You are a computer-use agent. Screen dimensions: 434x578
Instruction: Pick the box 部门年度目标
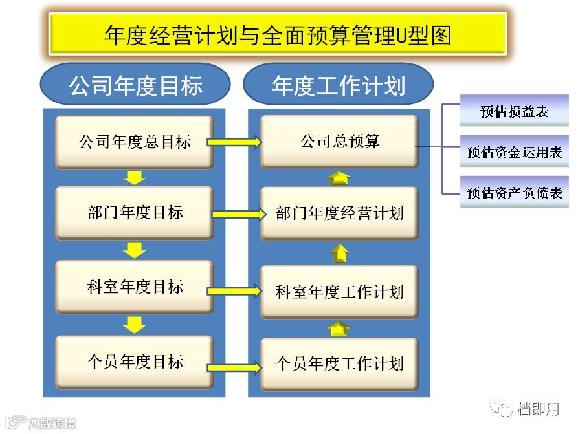tap(134, 213)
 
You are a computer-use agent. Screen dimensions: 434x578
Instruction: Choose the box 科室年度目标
tap(134, 287)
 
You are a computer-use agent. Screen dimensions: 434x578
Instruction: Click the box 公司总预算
tap(339, 142)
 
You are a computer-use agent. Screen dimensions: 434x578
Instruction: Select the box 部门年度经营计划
tap(339, 213)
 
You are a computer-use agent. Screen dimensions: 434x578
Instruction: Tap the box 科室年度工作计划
tap(339, 292)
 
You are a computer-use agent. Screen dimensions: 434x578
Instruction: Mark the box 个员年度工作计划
tap(339, 364)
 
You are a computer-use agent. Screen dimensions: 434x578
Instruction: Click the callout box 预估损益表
tap(514, 111)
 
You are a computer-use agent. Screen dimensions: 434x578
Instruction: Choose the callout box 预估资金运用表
tap(514, 152)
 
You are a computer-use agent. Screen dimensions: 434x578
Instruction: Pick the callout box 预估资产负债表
tap(514, 192)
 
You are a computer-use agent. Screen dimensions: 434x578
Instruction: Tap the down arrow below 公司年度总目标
tap(135, 178)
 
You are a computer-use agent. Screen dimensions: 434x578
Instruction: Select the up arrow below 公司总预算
tap(339, 178)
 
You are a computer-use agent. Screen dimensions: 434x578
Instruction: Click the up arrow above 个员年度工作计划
tap(339, 329)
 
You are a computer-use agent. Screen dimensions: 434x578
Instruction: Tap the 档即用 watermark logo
tap(525, 408)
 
